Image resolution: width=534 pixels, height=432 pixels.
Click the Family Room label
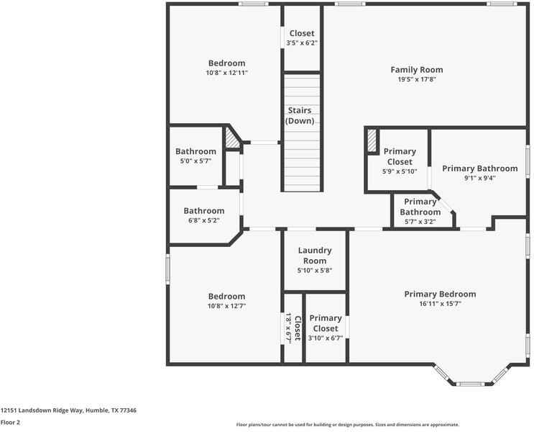tap(416, 70)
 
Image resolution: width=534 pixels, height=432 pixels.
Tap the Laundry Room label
tap(313, 256)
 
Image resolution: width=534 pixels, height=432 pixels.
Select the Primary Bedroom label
tap(440, 294)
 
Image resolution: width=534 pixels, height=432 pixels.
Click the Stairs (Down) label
tap(300, 115)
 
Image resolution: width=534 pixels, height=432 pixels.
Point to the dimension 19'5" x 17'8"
tap(416, 80)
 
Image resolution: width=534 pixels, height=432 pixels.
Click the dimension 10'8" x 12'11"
tap(226, 73)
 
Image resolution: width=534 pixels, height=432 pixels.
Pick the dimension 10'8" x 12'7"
tap(226, 306)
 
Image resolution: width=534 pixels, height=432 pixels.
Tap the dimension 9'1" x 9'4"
tap(479, 178)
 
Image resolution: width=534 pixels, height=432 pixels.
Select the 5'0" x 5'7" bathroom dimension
tap(195, 161)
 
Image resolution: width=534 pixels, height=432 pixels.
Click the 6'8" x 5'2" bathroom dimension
tap(203, 220)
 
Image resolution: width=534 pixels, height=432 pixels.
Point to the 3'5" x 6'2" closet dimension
tap(302, 43)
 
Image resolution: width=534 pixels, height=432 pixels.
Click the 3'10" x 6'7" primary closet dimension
tap(326, 338)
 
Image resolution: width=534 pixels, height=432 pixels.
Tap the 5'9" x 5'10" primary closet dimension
tap(399, 171)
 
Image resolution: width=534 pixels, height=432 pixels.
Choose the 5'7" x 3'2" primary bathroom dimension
tap(420, 222)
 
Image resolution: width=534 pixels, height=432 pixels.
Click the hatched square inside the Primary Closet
tap(372, 140)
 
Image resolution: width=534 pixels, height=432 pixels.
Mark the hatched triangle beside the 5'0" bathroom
tap(232, 138)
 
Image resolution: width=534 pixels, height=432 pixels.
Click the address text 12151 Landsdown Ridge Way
tap(68, 410)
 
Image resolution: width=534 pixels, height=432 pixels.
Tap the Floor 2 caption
tap(10, 423)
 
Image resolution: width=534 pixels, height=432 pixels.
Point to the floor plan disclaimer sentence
tap(347, 425)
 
